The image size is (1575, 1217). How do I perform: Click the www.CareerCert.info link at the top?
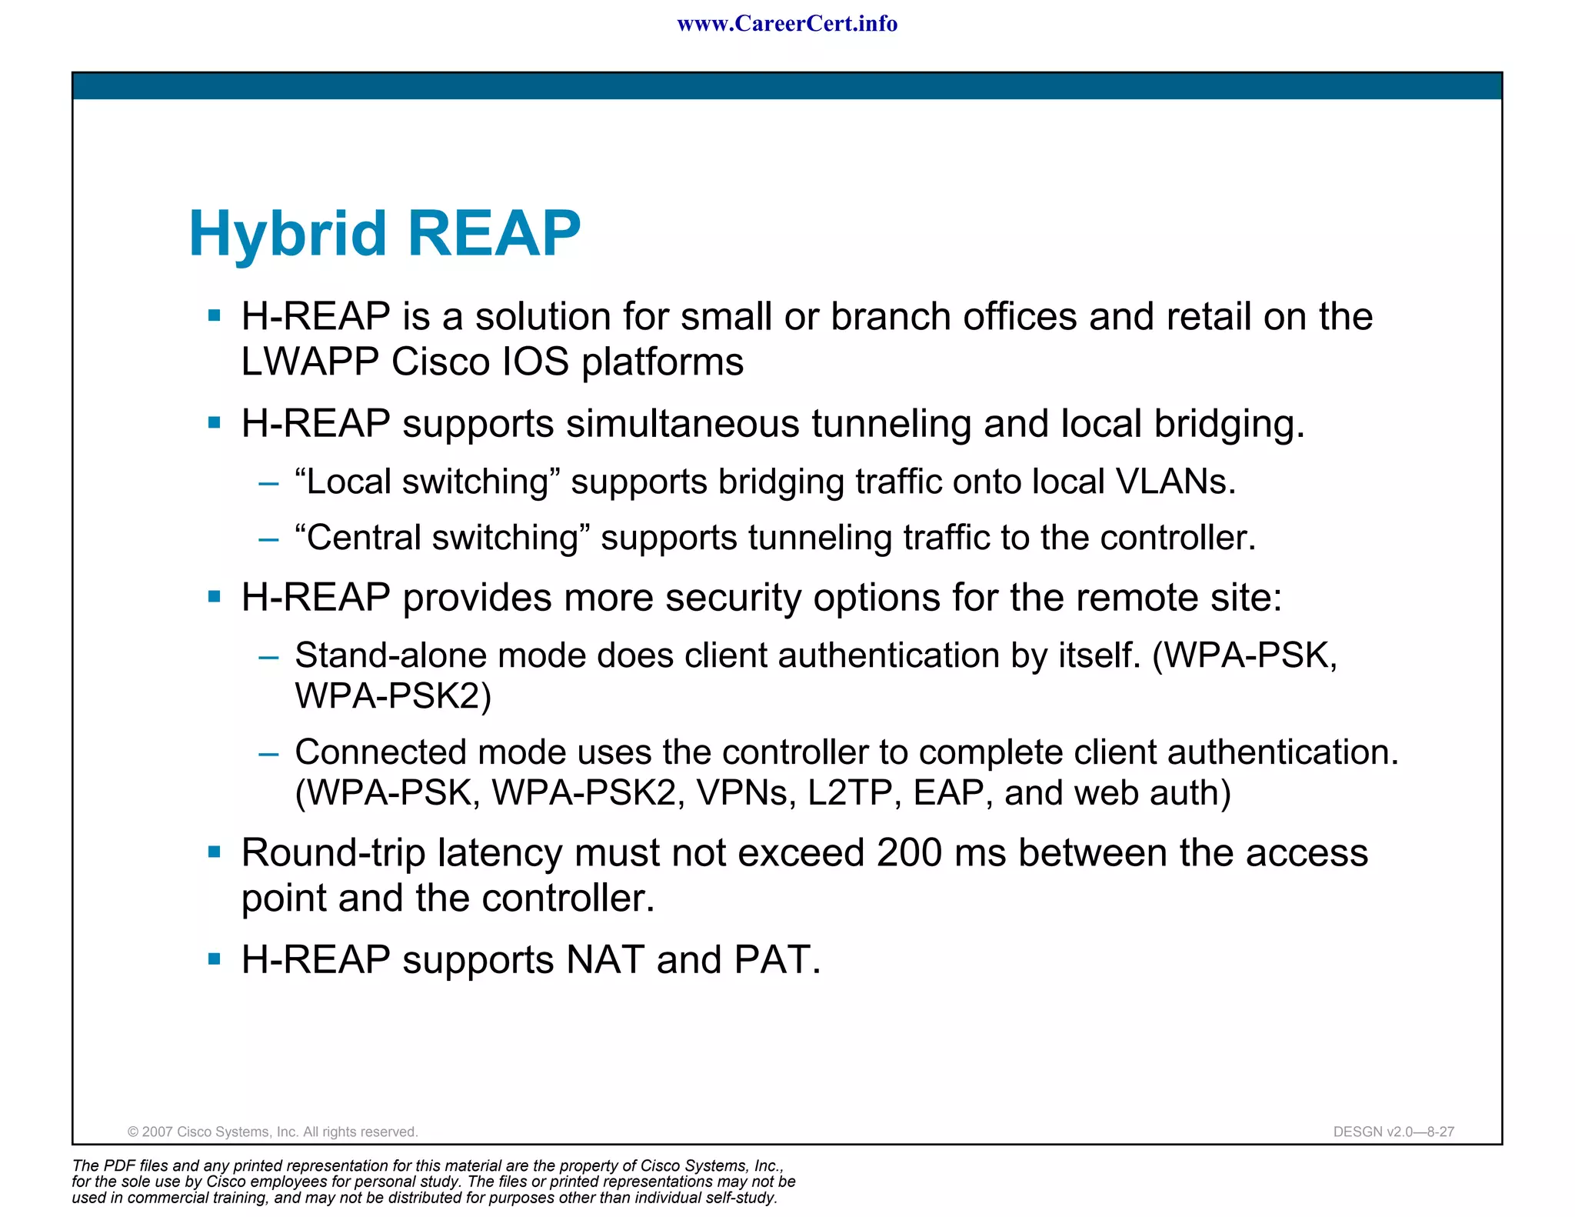pyautogui.click(x=787, y=24)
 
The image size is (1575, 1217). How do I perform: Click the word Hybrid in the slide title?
pyautogui.click(x=287, y=235)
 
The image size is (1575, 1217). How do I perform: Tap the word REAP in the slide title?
pyautogui.click(x=493, y=233)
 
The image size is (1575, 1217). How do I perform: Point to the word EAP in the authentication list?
pyautogui.click(x=947, y=793)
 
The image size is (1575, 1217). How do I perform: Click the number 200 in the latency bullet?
pyautogui.click(x=909, y=853)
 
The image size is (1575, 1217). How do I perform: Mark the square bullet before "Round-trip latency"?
pyautogui.click(x=215, y=852)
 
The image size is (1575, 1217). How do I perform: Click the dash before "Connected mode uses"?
pyautogui.click(x=268, y=754)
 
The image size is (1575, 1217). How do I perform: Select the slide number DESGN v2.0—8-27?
pyautogui.click(x=1393, y=1132)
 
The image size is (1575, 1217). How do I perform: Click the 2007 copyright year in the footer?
pyautogui.click(x=158, y=1132)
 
